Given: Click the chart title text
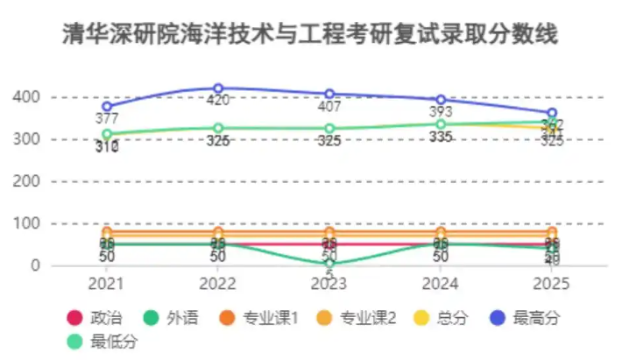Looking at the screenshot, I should tap(310, 35).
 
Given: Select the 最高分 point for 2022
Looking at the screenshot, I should tap(218, 88).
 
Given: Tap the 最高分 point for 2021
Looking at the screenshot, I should tap(107, 106).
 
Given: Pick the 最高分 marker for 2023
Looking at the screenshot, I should tap(329, 94).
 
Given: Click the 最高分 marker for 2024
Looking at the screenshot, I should tap(441, 100).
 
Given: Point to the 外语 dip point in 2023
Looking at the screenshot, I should tap(329, 262).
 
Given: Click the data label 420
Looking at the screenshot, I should tap(218, 101).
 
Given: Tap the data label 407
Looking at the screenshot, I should tap(329, 107).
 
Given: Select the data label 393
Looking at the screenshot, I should tap(441, 112).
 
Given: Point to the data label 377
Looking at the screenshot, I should tap(107, 119).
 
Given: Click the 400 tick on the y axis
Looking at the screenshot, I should tap(30, 96).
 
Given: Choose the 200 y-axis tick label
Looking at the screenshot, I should tap(30, 181).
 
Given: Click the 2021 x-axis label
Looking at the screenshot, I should tap(107, 284).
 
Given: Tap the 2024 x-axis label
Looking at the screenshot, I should tap(441, 284).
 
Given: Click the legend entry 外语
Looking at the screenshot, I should tap(173, 318).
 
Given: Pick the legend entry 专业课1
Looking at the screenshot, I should tap(259, 318).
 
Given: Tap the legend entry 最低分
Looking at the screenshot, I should tap(106, 342).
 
